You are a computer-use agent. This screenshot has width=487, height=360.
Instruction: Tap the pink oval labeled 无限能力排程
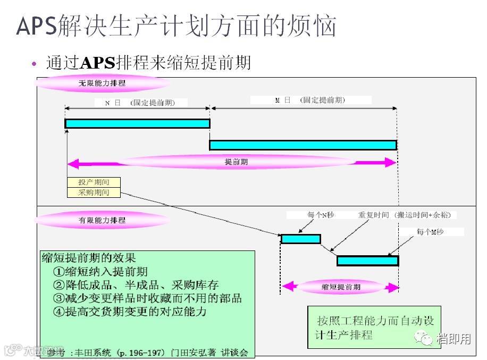click(x=102, y=83)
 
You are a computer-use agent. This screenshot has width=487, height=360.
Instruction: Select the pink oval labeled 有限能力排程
click(x=102, y=220)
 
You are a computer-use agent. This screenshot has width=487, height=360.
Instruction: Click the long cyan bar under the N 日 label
click(x=137, y=123)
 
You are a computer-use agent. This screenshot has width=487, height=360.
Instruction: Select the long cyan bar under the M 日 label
click(x=303, y=145)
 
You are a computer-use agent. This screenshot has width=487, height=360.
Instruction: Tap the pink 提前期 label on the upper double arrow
click(x=236, y=162)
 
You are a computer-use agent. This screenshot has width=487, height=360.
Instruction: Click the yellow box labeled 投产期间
click(x=94, y=182)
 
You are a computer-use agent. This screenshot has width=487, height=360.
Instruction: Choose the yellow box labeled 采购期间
click(x=94, y=192)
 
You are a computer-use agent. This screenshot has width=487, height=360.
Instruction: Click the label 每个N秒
click(x=320, y=215)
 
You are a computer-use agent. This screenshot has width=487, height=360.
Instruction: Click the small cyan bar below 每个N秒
click(x=300, y=239)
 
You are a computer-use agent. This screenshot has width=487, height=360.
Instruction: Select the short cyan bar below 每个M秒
click(x=367, y=261)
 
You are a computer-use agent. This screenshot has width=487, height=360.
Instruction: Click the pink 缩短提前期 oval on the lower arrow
click(x=341, y=287)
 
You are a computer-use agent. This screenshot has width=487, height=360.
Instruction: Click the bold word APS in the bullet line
click(x=97, y=63)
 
